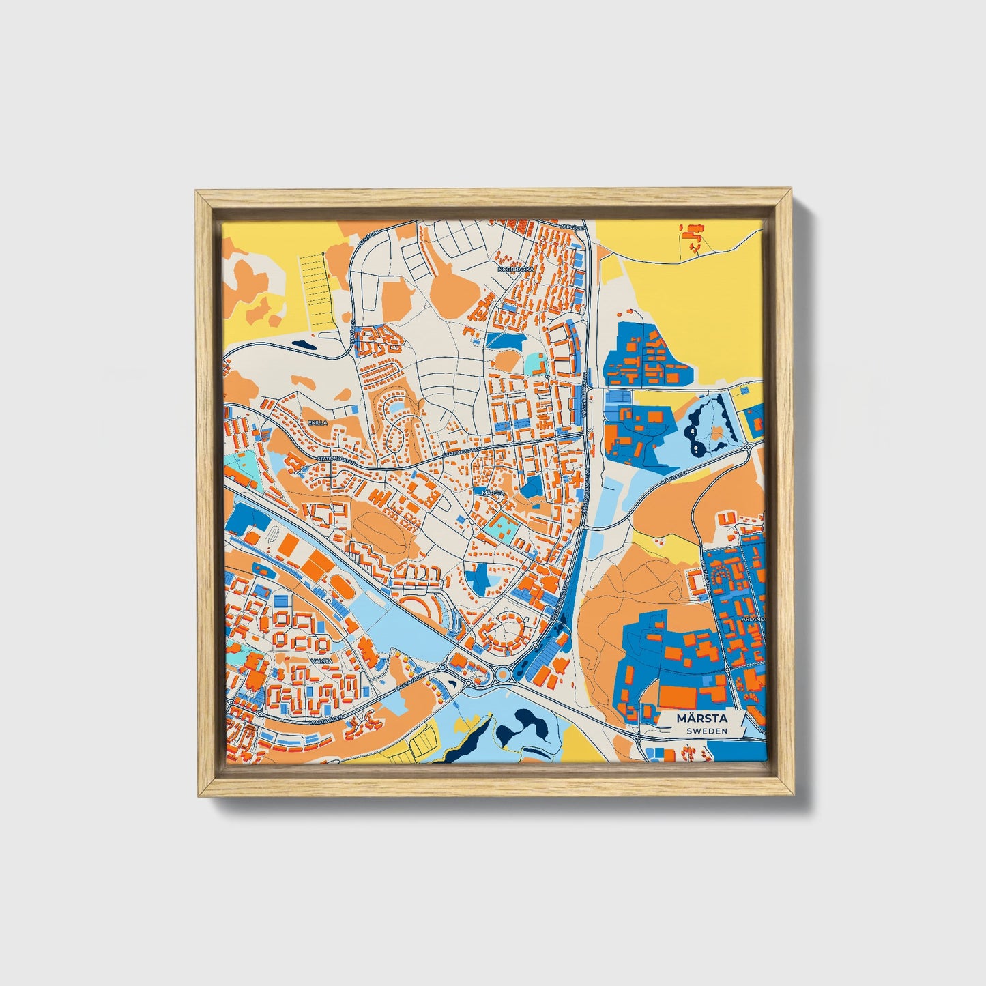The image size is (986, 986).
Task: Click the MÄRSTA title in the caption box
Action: (701, 719)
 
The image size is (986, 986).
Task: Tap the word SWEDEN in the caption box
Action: (706, 731)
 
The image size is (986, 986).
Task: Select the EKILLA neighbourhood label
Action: (318, 423)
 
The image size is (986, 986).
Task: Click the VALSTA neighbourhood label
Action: (321, 661)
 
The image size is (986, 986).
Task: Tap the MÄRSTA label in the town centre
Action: (492, 492)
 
